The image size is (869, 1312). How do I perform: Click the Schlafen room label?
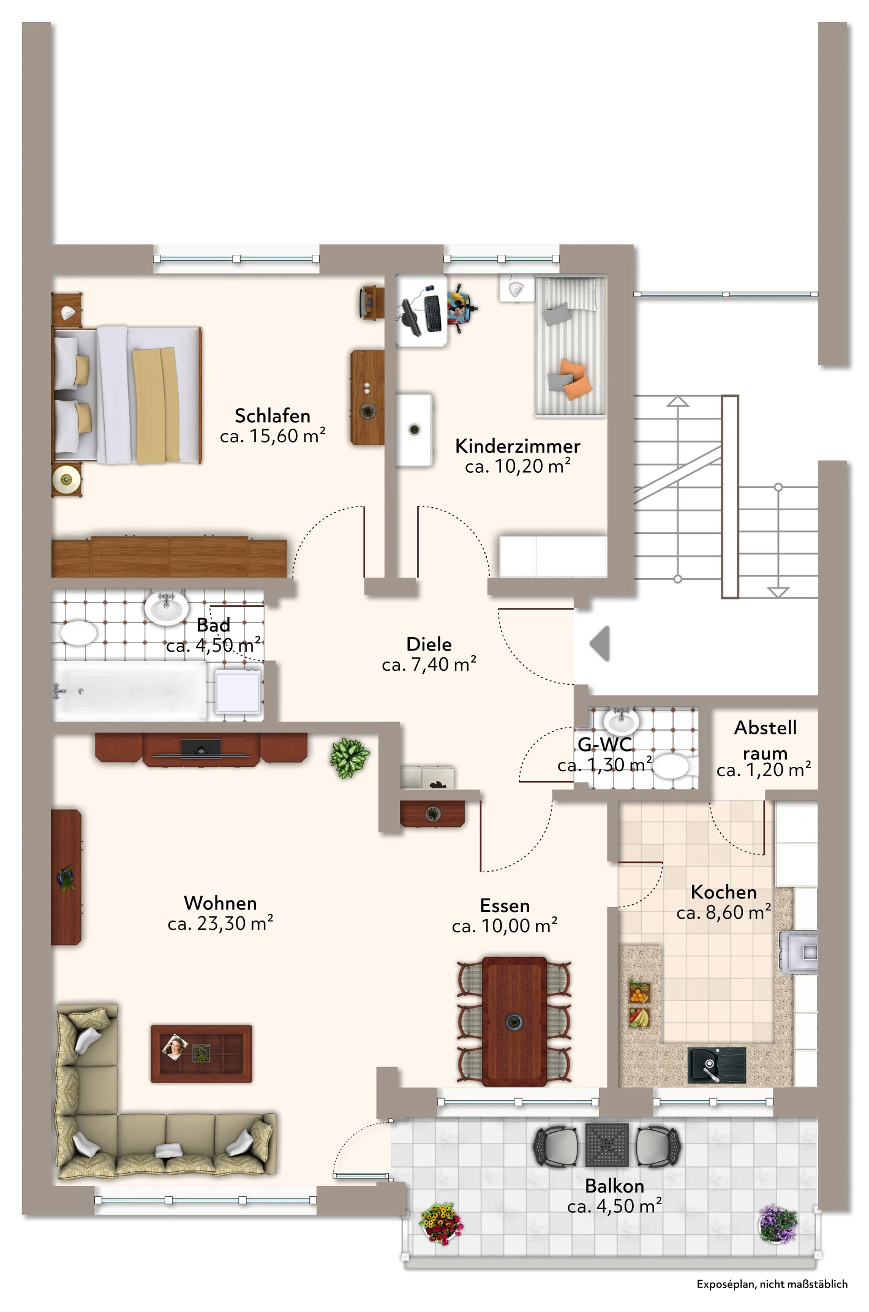273,416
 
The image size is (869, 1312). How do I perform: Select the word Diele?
429,644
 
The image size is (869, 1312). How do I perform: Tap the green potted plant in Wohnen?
349,758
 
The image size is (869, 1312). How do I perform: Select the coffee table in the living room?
201,1053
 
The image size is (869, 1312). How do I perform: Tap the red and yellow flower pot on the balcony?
441,1223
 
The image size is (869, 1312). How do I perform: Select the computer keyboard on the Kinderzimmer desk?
432,313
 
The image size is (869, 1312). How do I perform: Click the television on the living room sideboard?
201,749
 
